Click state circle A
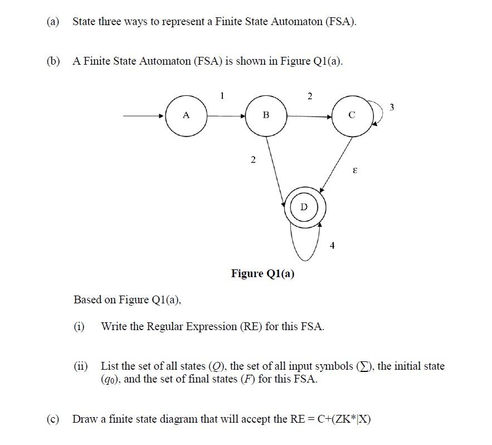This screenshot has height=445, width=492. [x=186, y=116]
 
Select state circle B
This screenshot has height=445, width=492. [x=266, y=116]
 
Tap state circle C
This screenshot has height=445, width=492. [x=352, y=116]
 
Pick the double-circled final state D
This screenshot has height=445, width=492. [x=304, y=207]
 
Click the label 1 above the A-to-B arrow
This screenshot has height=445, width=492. [x=222, y=95]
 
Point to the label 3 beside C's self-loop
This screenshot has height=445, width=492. [x=392, y=107]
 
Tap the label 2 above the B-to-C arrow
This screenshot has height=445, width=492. [x=310, y=96]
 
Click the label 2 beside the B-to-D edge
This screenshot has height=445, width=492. [x=253, y=161]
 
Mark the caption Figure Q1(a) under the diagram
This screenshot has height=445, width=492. [x=263, y=273]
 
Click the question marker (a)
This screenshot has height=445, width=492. [x=53, y=22]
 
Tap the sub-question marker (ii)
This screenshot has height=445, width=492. [x=81, y=366]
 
